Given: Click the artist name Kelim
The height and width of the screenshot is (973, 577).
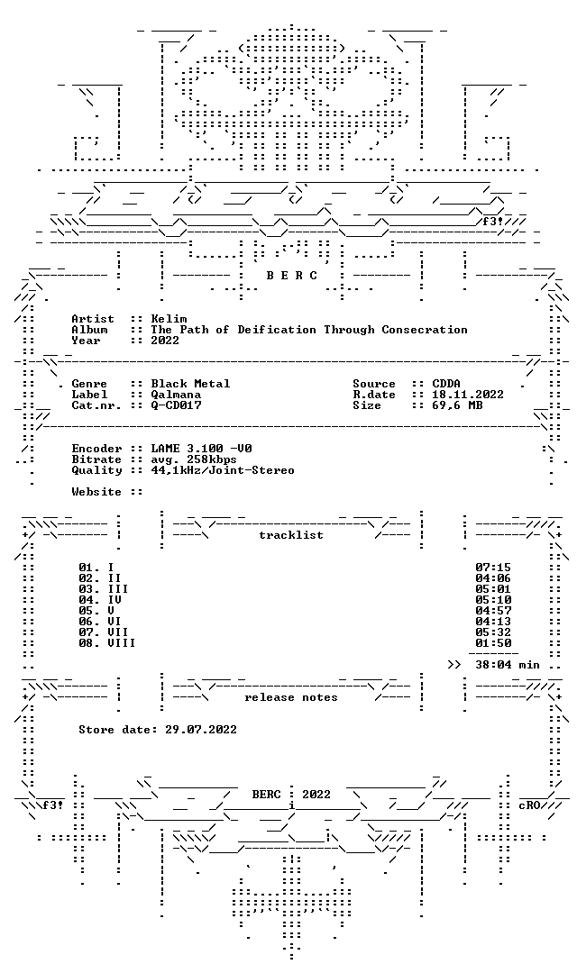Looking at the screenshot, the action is click(x=169, y=319).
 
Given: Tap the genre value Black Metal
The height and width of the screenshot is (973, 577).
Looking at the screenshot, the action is click(x=190, y=384).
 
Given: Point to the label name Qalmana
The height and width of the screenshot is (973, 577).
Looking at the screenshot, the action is click(x=176, y=395).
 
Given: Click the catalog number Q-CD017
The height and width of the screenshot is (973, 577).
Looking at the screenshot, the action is click(x=176, y=405).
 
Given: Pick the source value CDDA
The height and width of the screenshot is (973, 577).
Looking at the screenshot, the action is click(x=446, y=384).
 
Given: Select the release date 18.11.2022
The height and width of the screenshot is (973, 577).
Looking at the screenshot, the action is click(x=468, y=395).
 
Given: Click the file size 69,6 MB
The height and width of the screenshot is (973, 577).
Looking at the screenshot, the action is click(x=456, y=405).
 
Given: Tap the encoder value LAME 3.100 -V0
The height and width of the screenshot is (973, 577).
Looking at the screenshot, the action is click(x=201, y=449).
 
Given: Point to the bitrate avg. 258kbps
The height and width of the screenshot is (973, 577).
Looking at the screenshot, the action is click(x=194, y=459).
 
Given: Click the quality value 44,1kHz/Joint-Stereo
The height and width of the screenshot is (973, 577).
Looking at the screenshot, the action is click(x=223, y=470).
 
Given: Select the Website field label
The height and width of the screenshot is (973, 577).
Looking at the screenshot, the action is click(x=96, y=492).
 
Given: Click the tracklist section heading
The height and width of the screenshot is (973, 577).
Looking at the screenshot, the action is click(x=291, y=535).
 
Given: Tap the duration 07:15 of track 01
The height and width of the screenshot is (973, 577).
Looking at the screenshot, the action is click(x=493, y=568).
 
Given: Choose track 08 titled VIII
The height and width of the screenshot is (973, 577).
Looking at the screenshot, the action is click(x=106, y=643).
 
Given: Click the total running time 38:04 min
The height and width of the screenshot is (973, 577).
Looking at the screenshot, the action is click(x=508, y=665).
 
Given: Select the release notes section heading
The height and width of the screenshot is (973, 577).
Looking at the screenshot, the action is click(x=291, y=697).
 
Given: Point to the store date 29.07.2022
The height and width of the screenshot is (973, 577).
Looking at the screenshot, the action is click(x=201, y=730).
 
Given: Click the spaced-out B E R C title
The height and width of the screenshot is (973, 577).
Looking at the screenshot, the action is click(x=292, y=276).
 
